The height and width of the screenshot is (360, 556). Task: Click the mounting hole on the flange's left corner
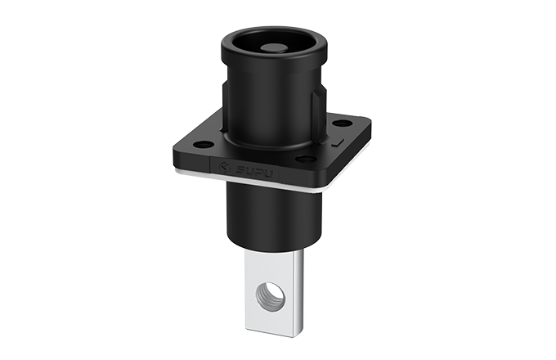tap(201, 145)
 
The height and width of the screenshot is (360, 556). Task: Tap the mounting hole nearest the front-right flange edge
tap(306, 158)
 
